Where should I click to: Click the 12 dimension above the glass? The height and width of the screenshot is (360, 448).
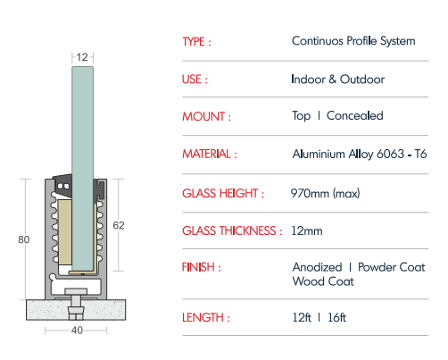[x=82, y=57]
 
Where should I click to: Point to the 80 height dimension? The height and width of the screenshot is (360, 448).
[x=24, y=239]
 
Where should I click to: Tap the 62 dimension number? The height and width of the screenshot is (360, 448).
[x=119, y=225]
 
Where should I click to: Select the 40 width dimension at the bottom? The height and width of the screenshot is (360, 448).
[x=77, y=331]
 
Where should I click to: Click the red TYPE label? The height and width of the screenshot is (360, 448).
[x=196, y=42]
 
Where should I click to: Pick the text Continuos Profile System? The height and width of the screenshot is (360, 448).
[x=353, y=41]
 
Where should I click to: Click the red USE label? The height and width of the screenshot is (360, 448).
[x=195, y=80]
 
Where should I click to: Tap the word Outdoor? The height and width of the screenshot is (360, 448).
[x=362, y=80]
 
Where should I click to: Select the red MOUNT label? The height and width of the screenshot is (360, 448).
[x=206, y=116]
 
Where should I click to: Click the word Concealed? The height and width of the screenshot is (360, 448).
[x=354, y=115]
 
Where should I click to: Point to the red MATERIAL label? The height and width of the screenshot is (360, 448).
[x=210, y=155]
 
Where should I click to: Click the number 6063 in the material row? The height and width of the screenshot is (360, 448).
[x=390, y=154]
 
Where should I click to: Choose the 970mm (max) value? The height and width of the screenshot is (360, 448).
[x=325, y=194]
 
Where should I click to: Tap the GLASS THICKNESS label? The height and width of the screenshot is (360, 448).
[x=232, y=231]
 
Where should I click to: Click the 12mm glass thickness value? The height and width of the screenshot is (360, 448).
[x=307, y=231]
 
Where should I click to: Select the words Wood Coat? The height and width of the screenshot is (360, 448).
[x=323, y=281]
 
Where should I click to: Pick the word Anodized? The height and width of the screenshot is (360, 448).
[x=317, y=267]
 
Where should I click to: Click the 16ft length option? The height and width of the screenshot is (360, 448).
[x=336, y=318]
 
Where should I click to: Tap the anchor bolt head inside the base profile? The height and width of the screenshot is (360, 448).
[x=76, y=291]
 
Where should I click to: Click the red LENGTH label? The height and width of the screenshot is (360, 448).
[x=206, y=318]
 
